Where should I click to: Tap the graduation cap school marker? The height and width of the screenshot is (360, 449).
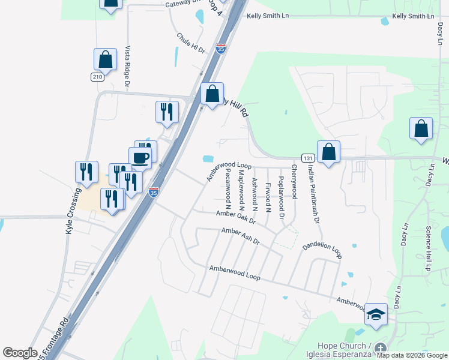376,314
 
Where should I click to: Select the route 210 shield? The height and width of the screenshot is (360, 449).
97,77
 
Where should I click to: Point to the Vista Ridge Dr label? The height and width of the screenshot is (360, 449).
127,67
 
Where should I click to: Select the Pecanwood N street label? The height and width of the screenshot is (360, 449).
228,184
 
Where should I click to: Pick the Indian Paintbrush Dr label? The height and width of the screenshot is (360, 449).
312,194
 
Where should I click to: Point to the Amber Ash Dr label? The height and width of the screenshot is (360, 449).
240,235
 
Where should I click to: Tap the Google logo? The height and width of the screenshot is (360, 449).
20,353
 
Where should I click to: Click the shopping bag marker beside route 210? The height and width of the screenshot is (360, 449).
105,60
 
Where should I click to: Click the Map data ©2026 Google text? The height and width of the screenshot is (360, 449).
412,355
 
